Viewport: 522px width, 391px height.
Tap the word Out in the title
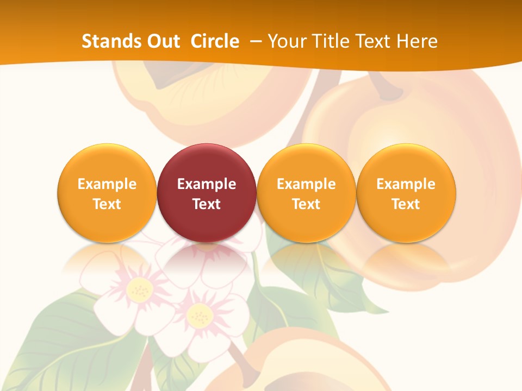[162, 41]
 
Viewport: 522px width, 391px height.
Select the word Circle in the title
[215, 41]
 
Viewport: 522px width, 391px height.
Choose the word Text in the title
[375, 41]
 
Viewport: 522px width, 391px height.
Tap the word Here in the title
[417, 41]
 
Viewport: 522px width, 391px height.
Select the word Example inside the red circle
[207, 184]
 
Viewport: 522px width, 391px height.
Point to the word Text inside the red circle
[207, 204]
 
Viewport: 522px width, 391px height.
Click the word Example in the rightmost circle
[406, 184]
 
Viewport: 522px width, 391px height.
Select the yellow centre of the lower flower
[200, 315]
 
